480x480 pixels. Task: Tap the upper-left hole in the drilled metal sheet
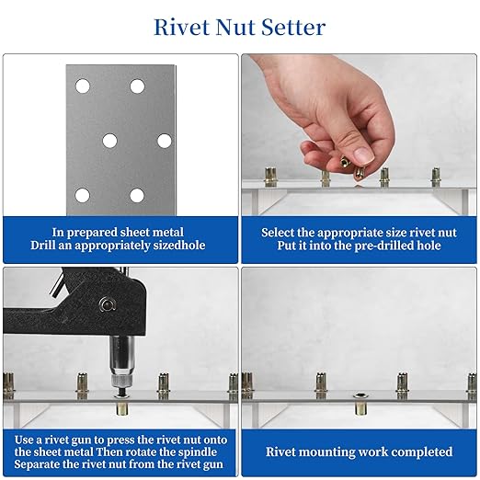(x=82, y=86)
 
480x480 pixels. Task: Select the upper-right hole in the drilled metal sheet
(x=137, y=86)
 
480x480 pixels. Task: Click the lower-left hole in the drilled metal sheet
(x=82, y=195)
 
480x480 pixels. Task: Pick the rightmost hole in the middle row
(x=165, y=141)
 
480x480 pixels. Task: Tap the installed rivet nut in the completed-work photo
(x=359, y=403)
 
